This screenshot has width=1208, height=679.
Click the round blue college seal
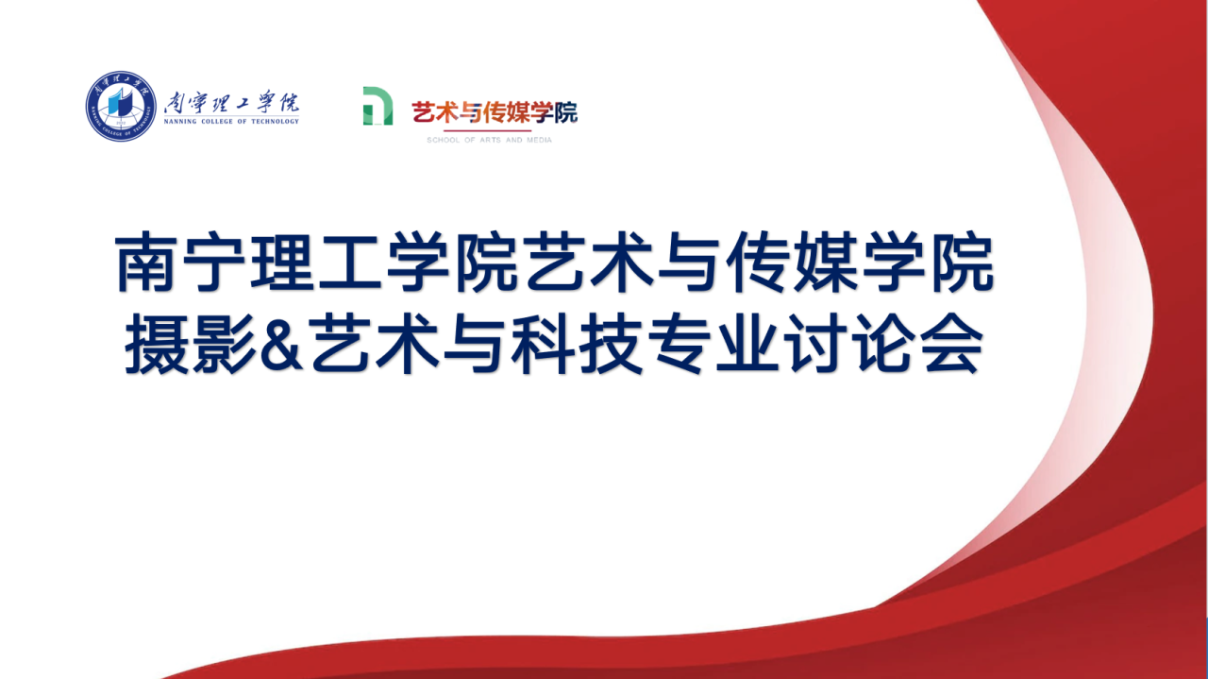tap(121, 107)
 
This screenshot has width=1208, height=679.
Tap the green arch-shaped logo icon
tap(377, 106)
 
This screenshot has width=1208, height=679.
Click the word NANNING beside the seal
tap(180, 122)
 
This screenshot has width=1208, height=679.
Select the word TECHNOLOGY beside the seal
tap(275, 122)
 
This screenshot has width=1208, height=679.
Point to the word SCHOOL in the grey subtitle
tap(444, 140)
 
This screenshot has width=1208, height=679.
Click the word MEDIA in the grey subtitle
tap(539, 140)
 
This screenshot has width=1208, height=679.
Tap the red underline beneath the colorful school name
tap(488, 130)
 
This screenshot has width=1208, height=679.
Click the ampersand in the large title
tap(281, 344)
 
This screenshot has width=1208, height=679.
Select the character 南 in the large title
tap(145, 262)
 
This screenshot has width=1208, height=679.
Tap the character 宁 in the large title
tap(213, 262)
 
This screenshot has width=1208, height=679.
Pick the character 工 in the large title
tap(349, 263)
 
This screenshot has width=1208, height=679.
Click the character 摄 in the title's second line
tap(157, 344)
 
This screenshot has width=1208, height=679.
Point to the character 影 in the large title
tap(224, 344)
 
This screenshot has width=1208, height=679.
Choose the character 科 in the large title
tap(543, 344)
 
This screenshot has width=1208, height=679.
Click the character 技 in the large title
tap(611, 344)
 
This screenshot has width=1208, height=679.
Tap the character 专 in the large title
tap(679, 344)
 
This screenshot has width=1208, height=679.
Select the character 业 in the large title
tap(747, 344)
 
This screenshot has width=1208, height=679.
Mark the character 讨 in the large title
tap(814, 344)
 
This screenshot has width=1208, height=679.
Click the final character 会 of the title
tap(950, 344)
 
